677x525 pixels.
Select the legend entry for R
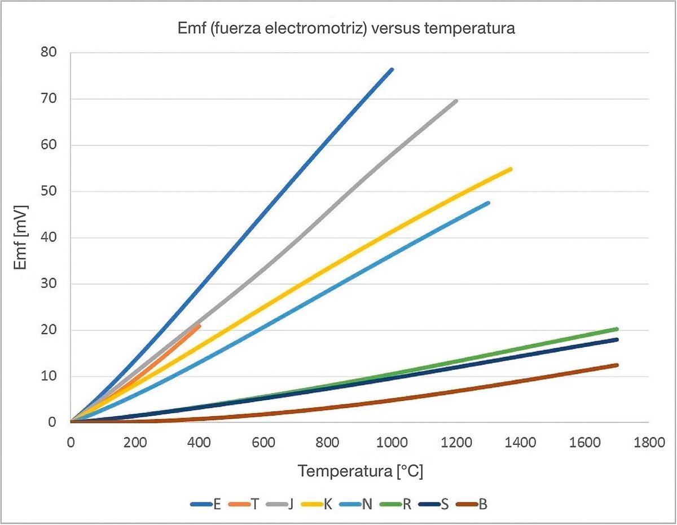[398, 504]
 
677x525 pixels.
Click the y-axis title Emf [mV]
[22, 236]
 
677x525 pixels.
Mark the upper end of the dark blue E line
[392, 69]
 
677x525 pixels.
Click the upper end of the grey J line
[456, 101]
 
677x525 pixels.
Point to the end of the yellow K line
[511, 169]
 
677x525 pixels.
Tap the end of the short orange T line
[199, 325]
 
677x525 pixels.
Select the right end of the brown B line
[617, 365]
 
